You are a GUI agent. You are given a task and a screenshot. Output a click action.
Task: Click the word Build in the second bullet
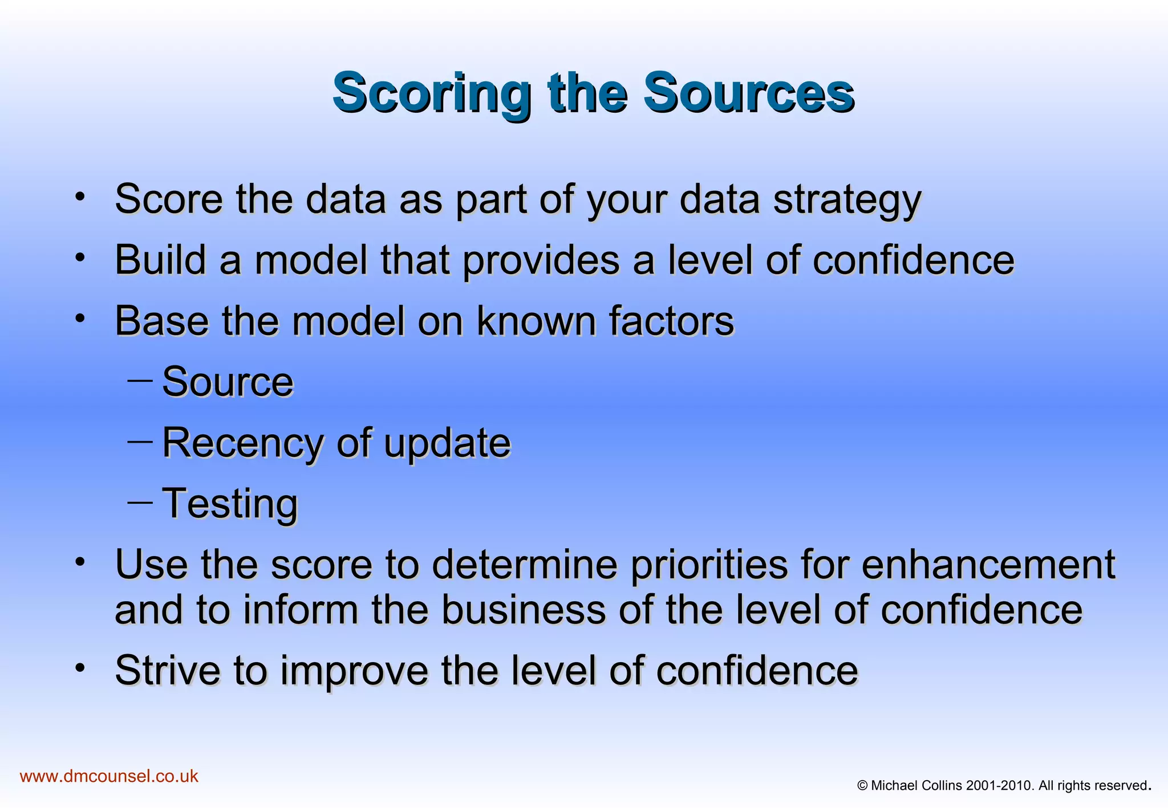[160, 260]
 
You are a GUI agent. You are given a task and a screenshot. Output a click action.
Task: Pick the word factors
[671, 321]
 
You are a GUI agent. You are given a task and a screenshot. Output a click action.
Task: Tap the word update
[447, 443]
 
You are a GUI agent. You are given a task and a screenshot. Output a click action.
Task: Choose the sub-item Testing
[230, 504]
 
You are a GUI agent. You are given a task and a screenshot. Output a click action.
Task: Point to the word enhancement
[988, 564]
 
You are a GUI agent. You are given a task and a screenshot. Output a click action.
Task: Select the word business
[524, 610]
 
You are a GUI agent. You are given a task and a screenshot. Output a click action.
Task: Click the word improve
[354, 670]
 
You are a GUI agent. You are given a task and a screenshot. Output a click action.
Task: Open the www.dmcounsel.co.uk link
[109, 776]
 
